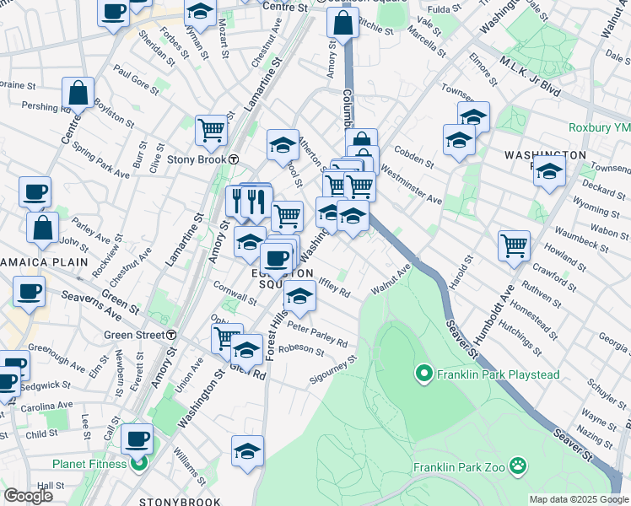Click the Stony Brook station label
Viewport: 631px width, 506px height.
point(198,159)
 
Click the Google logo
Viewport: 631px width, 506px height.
point(28,495)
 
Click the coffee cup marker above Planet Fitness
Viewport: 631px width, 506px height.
point(137,439)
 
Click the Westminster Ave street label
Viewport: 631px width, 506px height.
point(410,186)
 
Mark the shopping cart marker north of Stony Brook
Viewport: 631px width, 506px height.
point(211,130)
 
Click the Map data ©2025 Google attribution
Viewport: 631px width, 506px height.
point(578,499)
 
